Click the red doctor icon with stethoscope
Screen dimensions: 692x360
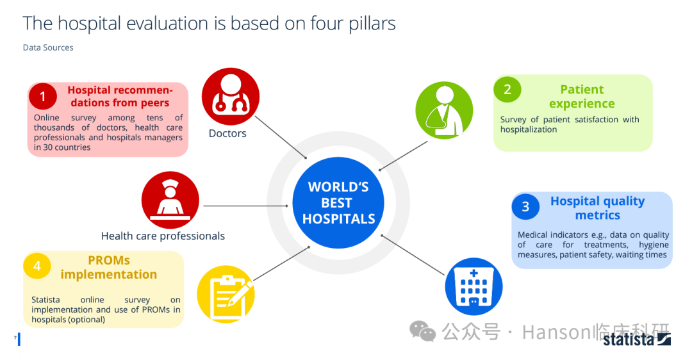(x=231, y=96)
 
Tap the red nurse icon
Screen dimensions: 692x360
(x=170, y=200)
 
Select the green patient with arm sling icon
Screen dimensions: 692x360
(x=445, y=110)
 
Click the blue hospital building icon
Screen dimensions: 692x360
(x=474, y=286)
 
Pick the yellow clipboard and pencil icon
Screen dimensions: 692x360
(x=226, y=294)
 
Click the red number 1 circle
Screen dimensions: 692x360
(x=43, y=96)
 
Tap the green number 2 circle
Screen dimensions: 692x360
(x=507, y=89)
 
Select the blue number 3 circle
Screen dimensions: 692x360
(x=525, y=206)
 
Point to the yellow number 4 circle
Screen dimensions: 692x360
(x=37, y=266)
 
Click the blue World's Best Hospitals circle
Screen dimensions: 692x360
(x=338, y=202)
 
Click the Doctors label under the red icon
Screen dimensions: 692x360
(x=227, y=133)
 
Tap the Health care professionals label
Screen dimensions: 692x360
(x=163, y=236)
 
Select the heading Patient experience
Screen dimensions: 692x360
(x=582, y=96)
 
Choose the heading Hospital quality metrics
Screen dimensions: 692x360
(x=598, y=208)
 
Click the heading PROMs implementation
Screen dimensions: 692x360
(x=108, y=267)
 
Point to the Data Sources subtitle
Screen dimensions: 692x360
(x=48, y=47)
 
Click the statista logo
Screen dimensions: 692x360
(x=637, y=340)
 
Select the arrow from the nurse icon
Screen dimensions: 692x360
(x=246, y=206)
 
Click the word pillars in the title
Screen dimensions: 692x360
(x=372, y=24)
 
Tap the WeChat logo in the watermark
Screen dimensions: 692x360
(x=422, y=331)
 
